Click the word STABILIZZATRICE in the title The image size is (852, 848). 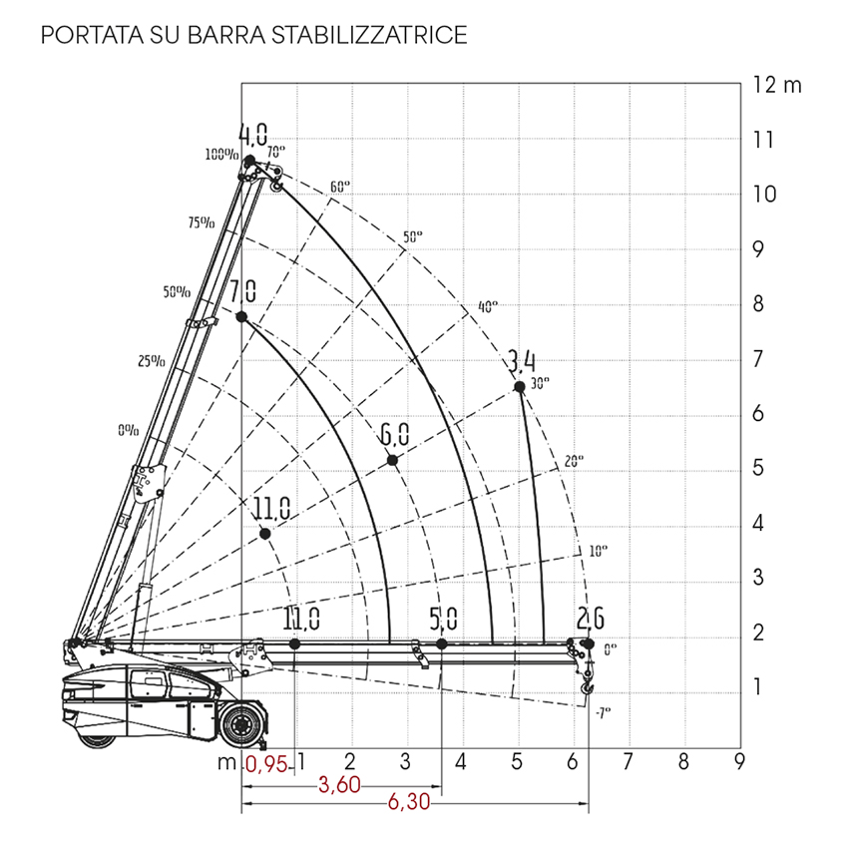pyautogui.click(x=369, y=35)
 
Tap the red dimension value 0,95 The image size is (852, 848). pyautogui.click(x=266, y=765)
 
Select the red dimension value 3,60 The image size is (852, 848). pyautogui.click(x=339, y=785)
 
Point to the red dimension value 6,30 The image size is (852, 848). pyautogui.click(x=409, y=802)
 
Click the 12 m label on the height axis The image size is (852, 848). pyautogui.click(x=777, y=85)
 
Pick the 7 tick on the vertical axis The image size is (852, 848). pyautogui.click(x=758, y=359)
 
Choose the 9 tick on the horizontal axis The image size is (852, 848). pyautogui.click(x=739, y=761)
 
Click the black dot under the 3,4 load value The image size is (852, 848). pyautogui.click(x=520, y=387)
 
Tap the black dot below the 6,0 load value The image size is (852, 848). pyautogui.click(x=392, y=461)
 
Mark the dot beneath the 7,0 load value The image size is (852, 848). pyautogui.click(x=241, y=317)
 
